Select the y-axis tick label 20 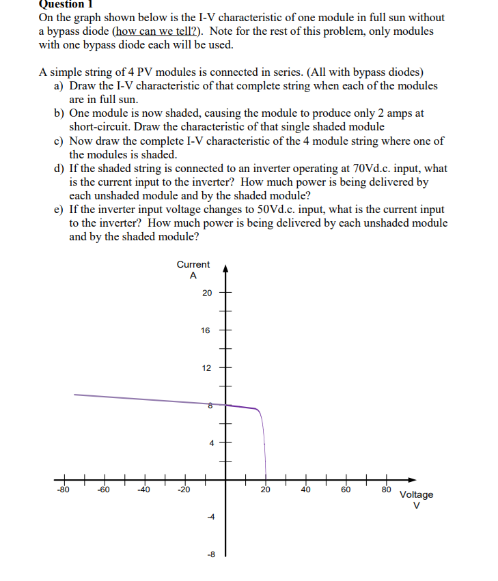click(206, 293)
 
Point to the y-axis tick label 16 click(206, 330)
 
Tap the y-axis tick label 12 click(206, 368)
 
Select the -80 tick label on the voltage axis click(63, 490)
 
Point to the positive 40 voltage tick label click(305, 490)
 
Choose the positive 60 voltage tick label click(346, 490)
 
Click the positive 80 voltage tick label click(386, 489)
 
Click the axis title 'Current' click(193, 264)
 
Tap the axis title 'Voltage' click(416, 494)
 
